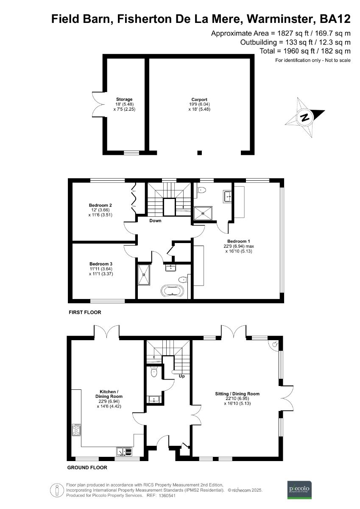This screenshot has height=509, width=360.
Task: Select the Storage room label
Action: coord(125,100)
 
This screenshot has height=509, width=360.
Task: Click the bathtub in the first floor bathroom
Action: coord(172,292)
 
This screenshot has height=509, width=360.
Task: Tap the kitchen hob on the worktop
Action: coord(77,431)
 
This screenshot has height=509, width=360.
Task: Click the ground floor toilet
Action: coord(154,372)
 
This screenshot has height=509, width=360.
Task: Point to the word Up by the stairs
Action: coord(181,376)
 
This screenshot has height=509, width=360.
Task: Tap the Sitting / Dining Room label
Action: coord(237,394)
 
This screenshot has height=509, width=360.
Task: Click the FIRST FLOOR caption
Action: coord(85,312)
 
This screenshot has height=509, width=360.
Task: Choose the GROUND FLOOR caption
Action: coord(87,468)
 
